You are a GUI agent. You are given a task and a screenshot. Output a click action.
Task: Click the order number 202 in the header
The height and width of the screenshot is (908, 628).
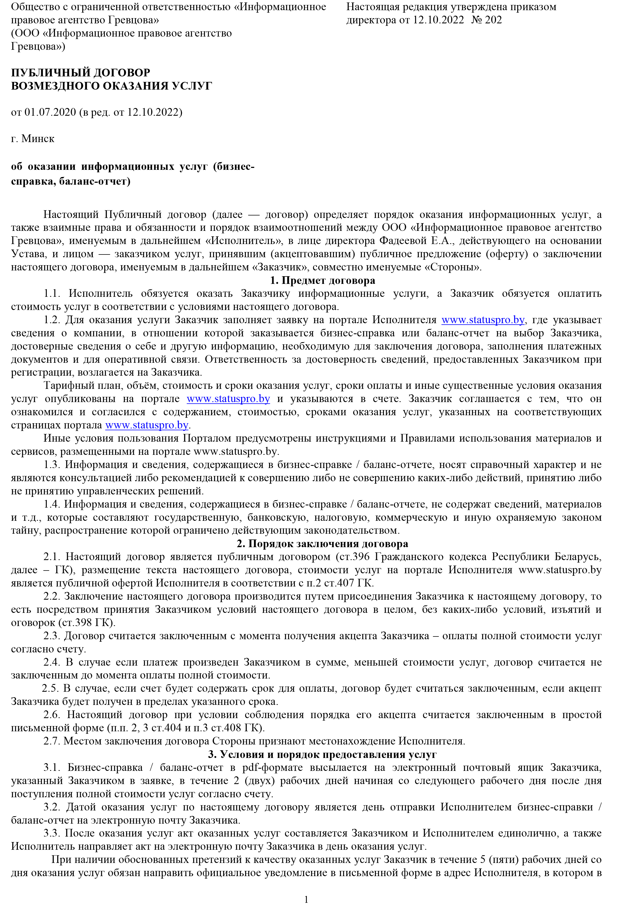pyautogui.click(x=494, y=20)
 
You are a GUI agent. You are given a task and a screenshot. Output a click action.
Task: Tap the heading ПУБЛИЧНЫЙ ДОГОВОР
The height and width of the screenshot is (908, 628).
pyautogui.click(x=80, y=73)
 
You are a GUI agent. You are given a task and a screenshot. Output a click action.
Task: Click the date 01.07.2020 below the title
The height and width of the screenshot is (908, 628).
pyautogui.click(x=50, y=112)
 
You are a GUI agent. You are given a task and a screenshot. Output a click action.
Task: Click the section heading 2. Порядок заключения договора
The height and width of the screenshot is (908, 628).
pyautogui.click(x=322, y=544)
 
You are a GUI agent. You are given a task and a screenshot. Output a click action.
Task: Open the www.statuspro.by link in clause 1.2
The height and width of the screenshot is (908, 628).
pyautogui.click(x=483, y=320)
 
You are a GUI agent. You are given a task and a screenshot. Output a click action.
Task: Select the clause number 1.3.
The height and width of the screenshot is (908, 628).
pyautogui.click(x=51, y=465)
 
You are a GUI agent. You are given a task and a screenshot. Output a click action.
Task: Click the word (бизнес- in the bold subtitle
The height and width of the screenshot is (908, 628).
pyautogui.click(x=233, y=167)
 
